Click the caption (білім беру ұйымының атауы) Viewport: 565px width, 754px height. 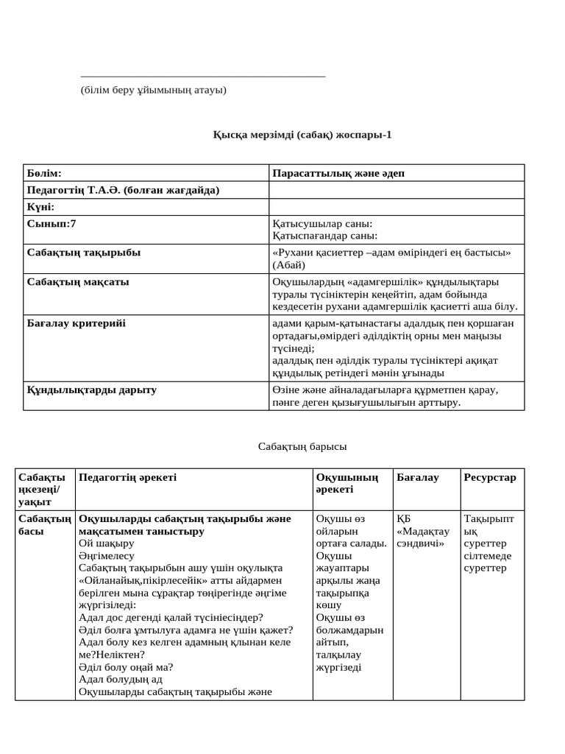pyautogui.click(x=153, y=90)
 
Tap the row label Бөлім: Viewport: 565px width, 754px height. pyautogui.click(x=44, y=173)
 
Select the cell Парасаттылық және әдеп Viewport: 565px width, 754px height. pyautogui.click(x=338, y=173)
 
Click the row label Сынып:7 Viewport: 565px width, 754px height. pyautogui.click(x=51, y=224)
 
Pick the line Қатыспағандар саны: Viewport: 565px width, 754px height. pyautogui.click(x=324, y=236)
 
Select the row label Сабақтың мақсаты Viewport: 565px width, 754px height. pyautogui.click(x=78, y=282)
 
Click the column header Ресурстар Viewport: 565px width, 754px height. pyautogui.click(x=490, y=477)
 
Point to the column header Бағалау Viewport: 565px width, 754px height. pyautogui.click(x=418, y=477)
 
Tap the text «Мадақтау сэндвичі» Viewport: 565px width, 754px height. pyautogui.click(x=421, y=537)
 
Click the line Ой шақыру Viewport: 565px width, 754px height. pyautogui.click(x=106, y=543)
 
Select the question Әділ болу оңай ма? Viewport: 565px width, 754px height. pyautogui.click(x=126, y=667)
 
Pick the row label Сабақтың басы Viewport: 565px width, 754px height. pyautogui.click(x=45, y=524)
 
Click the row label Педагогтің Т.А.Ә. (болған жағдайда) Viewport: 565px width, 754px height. pyautogui.click(x=123, y=190)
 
